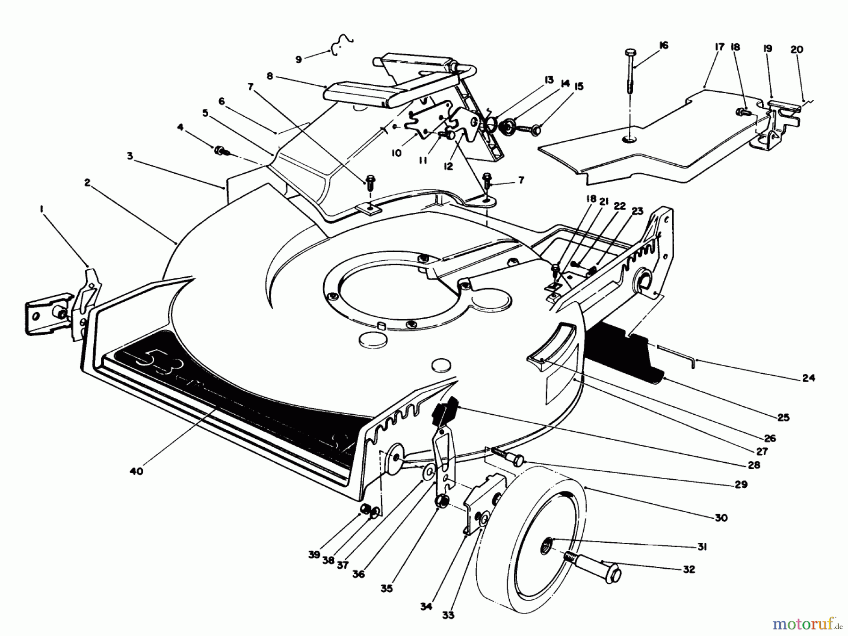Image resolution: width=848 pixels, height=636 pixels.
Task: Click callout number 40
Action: tap(136, 471)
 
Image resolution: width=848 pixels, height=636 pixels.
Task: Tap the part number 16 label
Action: tap(663, 46)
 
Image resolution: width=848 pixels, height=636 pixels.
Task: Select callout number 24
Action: tap(808, 378)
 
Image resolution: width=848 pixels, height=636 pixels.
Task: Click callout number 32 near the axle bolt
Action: tap(688, 569)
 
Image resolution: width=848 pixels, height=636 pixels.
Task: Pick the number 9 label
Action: tap(298, 59)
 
